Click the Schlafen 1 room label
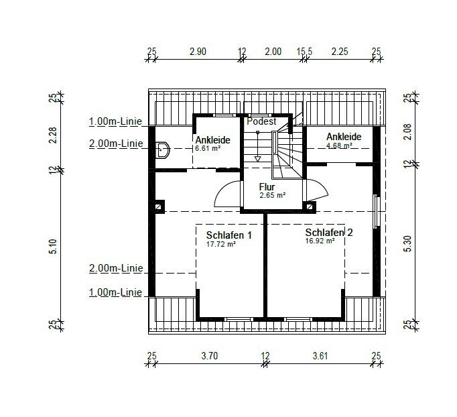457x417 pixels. point(228,235)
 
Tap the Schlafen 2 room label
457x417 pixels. point(329,233)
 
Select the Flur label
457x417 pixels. point(267,187)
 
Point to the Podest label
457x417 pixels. point(261,121)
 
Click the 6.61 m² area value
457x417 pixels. point(208,148)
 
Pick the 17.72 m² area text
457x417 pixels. point(221,244)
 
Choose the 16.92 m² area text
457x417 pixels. point(320,241)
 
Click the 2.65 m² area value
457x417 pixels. point(272,195)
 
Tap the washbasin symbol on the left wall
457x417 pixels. point(162,150)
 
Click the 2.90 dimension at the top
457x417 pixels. point(198,52)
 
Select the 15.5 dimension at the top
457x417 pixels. point(304,52)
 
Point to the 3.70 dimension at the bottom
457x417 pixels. point(210,356)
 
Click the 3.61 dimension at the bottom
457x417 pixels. point(320,356)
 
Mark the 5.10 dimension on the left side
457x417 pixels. point(54,247)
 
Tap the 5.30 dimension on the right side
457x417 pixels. point(408,243)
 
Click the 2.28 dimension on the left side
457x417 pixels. point(54,135)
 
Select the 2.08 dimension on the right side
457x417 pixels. point(408,132)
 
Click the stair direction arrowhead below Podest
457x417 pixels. point(257,159)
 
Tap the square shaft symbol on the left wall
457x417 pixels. point(158,206)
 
